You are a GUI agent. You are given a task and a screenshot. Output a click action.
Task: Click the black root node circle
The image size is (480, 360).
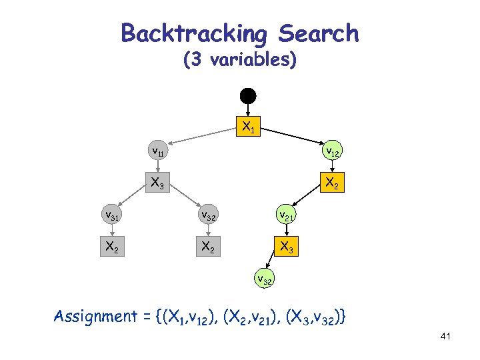click(248, 95)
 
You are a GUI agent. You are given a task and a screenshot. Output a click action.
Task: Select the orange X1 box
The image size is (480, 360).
click(248, 125)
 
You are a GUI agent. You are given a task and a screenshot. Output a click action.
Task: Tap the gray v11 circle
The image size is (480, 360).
click(158, 152)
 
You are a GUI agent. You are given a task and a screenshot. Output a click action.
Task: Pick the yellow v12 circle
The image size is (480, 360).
click(332, 153)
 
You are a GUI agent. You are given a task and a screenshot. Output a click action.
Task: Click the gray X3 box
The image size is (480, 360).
click(158, 183)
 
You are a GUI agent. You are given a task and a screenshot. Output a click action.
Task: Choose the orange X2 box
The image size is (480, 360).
click(332, 183)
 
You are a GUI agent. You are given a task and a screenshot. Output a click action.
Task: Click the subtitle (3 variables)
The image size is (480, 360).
click(240, 60)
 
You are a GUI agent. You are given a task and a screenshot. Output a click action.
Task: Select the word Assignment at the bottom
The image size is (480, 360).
click(95, 316)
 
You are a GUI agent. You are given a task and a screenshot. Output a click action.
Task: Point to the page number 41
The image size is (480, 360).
click(446, 337)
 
